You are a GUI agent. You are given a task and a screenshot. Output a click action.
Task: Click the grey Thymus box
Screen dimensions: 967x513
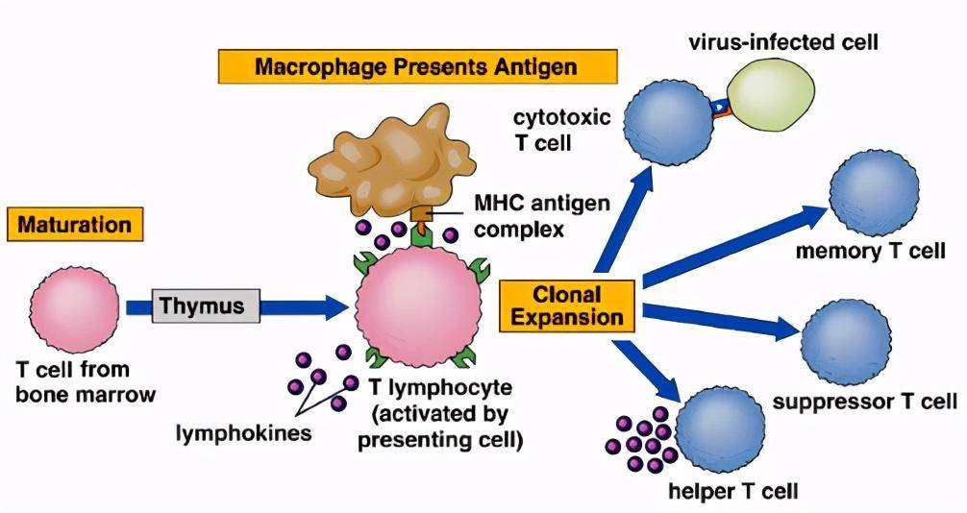pyautogui.click(x=206, y=305)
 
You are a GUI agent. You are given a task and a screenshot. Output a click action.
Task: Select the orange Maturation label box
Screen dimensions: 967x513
pyautogui.click(x=75, y=224)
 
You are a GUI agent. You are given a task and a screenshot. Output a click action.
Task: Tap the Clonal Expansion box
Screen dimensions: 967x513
pyautogui.click(x=567, y=305)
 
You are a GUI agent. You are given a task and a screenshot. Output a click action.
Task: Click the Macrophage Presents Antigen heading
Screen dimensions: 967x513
pyautogui.click(x=417, y=66)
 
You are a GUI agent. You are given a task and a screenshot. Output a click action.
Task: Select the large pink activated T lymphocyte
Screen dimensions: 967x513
pyautogui.click(x=419, y=306)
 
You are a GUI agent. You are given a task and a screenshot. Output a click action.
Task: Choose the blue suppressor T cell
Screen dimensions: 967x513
pyautogui.click(x=846, y=344)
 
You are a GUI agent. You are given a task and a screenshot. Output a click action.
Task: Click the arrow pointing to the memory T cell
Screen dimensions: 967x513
pyautogui.click(x=735, y=247)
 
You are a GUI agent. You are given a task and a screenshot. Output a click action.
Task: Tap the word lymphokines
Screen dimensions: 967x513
pyautogui.click(x=243, y=432)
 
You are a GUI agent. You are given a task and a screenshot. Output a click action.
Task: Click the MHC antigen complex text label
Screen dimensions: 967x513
pyautogui.click(x=542, y=216)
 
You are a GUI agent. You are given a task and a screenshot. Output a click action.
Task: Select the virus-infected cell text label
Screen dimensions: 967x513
pyautogui.click(x=783, y=42)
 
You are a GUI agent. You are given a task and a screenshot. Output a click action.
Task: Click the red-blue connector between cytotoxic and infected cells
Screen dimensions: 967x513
pyautogui.click(x=720, y=108)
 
